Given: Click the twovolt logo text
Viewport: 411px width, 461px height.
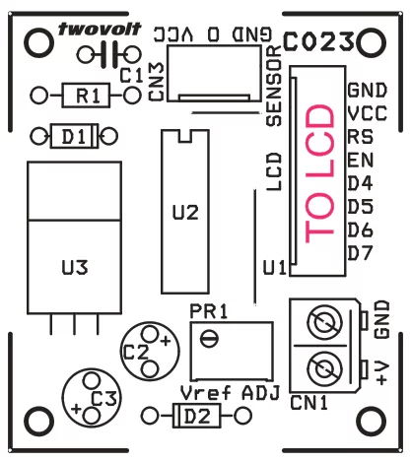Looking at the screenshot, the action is tap(100, 29).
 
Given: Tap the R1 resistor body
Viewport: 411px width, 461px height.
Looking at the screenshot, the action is tap(86, 96).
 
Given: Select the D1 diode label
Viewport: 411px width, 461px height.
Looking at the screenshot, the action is tap(74, 136).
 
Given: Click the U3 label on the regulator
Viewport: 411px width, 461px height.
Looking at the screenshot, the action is tap(75, 267).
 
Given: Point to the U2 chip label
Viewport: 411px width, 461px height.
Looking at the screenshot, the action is tap(185, 213).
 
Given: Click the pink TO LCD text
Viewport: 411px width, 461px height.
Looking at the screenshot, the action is tap(319, 173).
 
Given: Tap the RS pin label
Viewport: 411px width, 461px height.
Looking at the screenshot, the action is tap(361, 137).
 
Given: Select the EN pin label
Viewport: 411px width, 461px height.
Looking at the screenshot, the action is tap(361, 161).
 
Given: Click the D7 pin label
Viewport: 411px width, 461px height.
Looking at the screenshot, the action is tap(360, 253).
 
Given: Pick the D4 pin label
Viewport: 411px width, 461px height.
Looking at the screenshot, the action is tap(360, 183).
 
